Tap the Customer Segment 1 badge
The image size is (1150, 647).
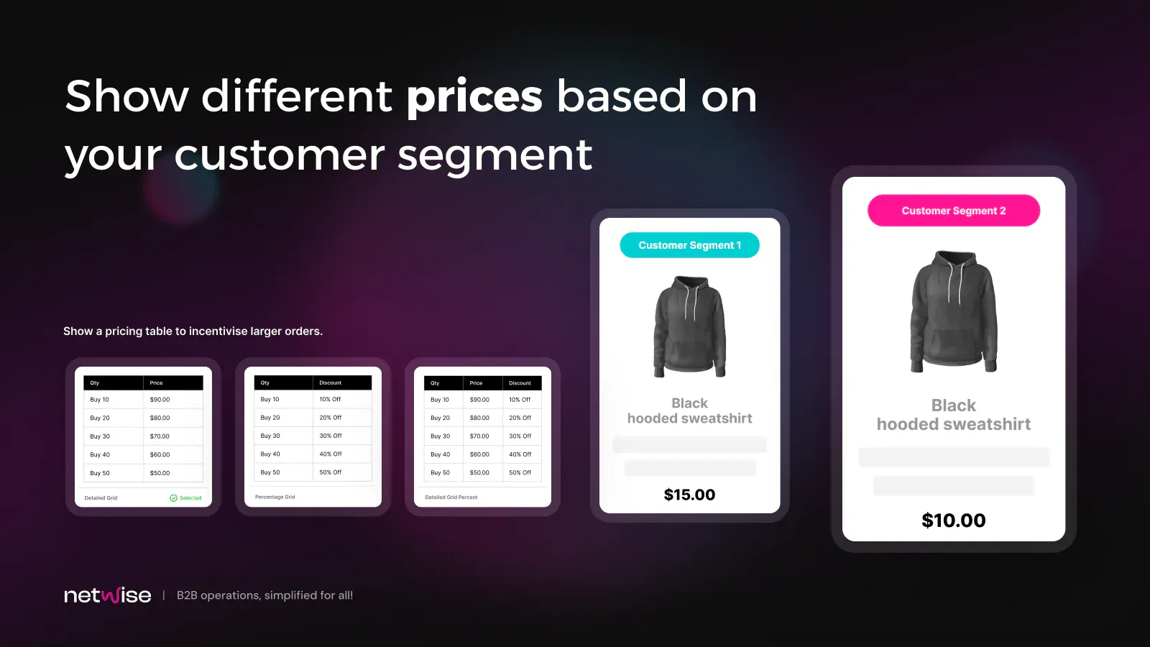point(689,245)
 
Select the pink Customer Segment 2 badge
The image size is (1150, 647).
point(953,211)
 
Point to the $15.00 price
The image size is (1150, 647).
point(689,495)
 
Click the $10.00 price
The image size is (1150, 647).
point(953,520)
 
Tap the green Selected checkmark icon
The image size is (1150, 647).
point(173,498)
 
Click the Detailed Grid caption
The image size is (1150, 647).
point(101,498)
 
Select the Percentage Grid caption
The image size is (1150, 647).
point(275,497)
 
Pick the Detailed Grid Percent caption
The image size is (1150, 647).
point(451,497)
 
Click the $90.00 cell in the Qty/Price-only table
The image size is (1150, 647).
point(160,400)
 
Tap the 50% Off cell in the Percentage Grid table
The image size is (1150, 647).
point(330,472)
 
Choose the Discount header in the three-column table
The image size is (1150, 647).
point(520,383)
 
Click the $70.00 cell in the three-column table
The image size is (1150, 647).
point(479,436)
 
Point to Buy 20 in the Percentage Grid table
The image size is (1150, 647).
point(270,418)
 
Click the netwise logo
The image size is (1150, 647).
point(108,595)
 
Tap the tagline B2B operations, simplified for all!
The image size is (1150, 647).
point(265,595)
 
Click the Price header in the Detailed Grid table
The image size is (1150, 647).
point(156,383)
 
